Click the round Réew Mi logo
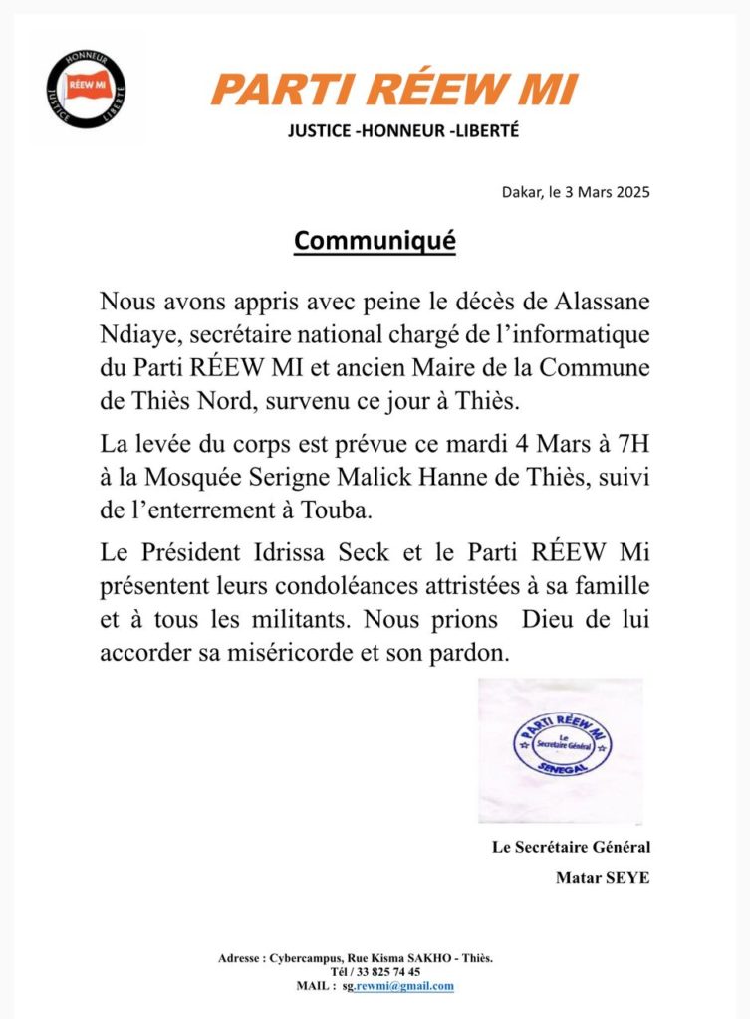click(86, 90)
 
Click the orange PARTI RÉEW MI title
click(394, 91)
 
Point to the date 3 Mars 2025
click(606, 192)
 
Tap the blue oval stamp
click(561, 748)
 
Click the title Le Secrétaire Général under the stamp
click(571, 848)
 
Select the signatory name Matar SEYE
click(603, 878)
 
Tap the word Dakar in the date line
click(520, 192)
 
